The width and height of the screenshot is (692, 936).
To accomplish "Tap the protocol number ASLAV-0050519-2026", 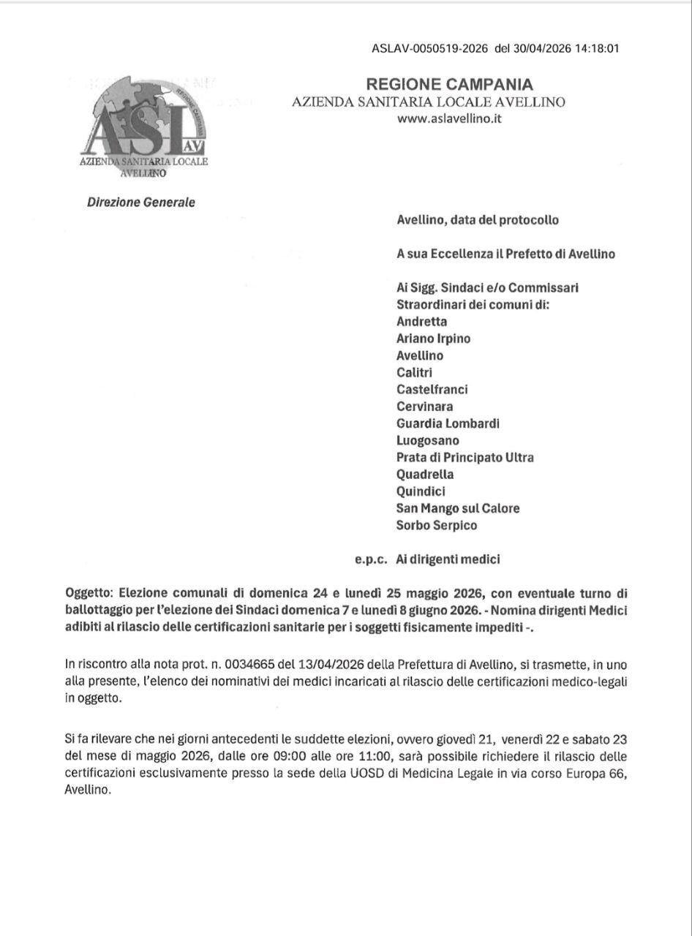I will (430, 49).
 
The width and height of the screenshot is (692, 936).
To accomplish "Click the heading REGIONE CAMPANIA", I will (450, 85).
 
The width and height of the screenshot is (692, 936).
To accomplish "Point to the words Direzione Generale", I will (141, 203).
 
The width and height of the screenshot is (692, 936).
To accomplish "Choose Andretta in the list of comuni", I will (421, 321).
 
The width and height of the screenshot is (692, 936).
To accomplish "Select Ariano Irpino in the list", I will (434, 339).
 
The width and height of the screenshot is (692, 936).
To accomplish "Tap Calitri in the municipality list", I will (415, 372).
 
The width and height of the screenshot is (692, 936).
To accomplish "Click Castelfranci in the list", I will (432, 389).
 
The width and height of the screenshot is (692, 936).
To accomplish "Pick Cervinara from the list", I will (424, 406).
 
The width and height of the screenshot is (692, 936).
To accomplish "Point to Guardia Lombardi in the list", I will (448, 423).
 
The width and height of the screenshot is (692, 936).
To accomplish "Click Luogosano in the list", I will (428, 440).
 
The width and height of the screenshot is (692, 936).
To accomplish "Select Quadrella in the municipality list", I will (425, 474).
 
